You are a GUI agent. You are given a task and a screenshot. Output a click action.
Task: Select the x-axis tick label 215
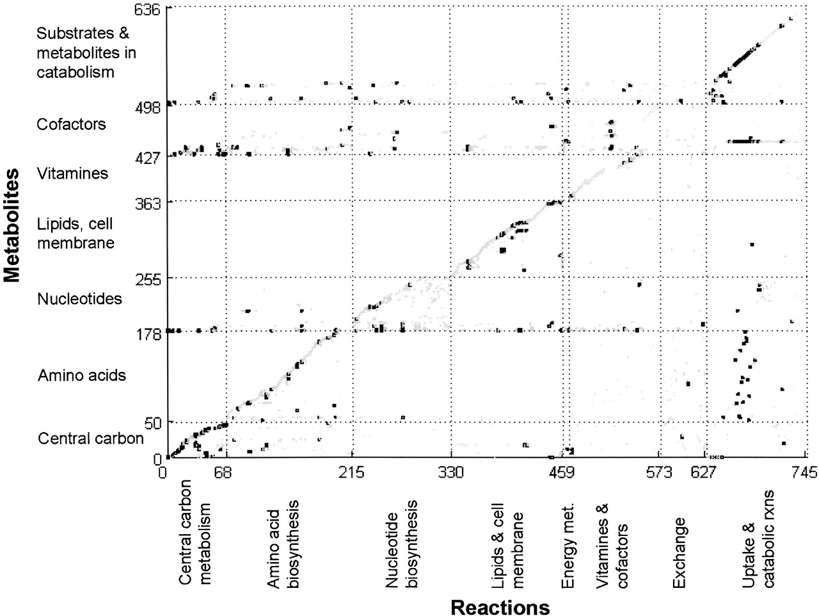(351, 473)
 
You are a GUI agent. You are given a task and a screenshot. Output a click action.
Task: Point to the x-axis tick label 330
(451, 473)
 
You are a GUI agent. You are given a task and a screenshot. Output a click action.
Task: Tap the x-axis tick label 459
(562, 473)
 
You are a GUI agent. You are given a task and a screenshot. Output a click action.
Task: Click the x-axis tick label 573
(660, 473)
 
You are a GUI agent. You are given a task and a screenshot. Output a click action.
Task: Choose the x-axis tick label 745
(804, 473)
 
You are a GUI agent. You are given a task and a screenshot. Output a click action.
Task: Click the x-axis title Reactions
(500, 606)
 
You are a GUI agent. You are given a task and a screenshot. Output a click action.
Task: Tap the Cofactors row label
(72, 124)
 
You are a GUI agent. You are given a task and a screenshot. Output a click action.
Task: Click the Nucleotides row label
(79, 299)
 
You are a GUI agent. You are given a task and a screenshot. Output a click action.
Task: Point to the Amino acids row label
(82, 375)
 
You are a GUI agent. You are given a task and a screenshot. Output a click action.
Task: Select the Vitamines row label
(72, 174)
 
